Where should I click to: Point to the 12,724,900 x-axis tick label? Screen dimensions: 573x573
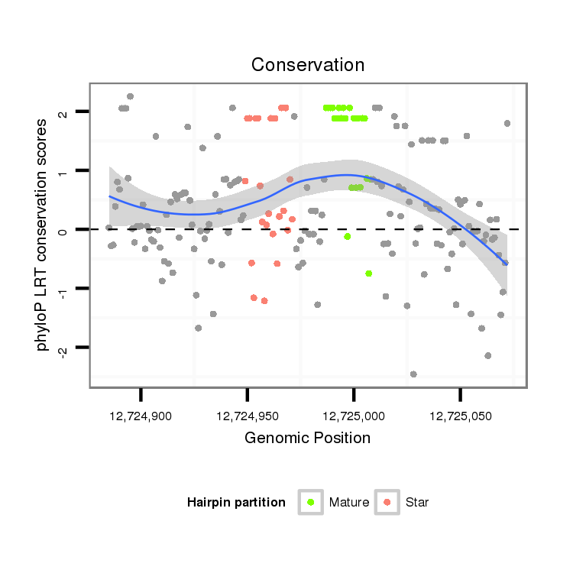pos(141,416)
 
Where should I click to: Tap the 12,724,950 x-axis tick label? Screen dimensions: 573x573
pos(247,416)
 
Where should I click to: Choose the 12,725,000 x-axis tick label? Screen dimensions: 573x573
pos(353,416)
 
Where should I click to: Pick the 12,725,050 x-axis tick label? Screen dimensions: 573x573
pos(459,416)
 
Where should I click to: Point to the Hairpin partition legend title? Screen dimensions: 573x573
pos(236,503)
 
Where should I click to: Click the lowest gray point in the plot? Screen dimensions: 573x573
pos(413,374)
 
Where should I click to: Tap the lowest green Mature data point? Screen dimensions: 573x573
pos(369,273)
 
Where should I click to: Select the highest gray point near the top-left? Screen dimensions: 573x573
pos(130,96)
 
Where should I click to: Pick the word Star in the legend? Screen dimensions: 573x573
pos(417,503)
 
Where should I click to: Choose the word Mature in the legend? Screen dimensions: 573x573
pos(348,503)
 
